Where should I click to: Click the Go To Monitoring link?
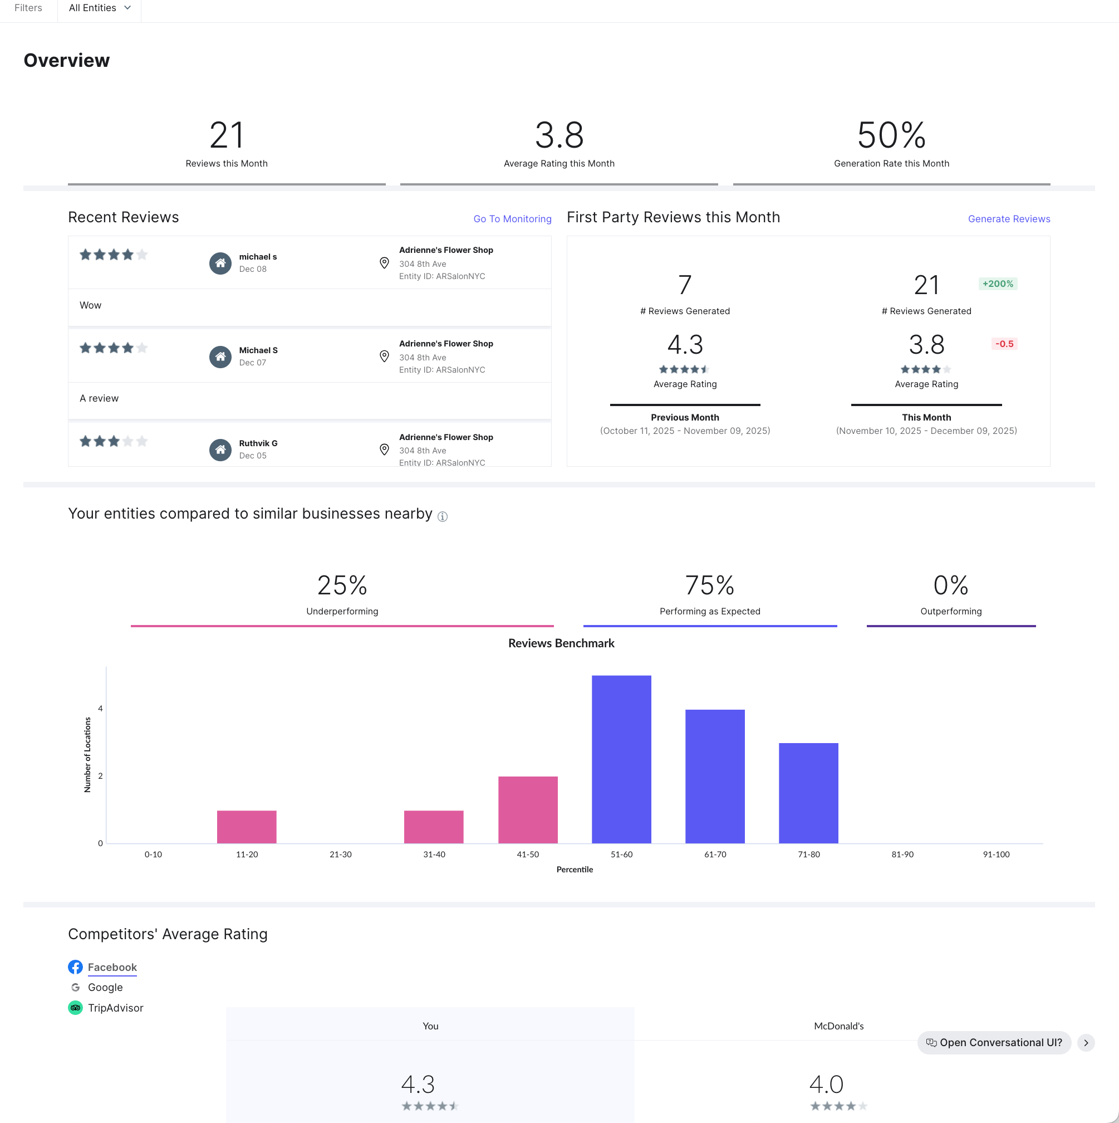512,219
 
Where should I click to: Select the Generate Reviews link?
1008,219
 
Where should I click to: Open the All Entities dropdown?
99,8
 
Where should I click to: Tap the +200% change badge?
997,284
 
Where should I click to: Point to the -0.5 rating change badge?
1003,344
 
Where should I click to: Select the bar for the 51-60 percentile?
621,759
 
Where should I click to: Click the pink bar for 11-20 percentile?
246,826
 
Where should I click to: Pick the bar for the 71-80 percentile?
808,792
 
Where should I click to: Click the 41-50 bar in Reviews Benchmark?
528,809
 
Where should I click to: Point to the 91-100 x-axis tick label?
995,854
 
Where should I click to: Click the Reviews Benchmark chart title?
561,643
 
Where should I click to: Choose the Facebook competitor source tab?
112,966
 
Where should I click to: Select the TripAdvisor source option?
115,1007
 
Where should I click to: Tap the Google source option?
105,987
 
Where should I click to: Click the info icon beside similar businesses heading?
442,516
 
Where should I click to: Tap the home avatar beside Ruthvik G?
220,450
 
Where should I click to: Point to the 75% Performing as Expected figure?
709,585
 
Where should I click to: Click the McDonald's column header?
838,1026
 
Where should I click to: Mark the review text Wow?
91,305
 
